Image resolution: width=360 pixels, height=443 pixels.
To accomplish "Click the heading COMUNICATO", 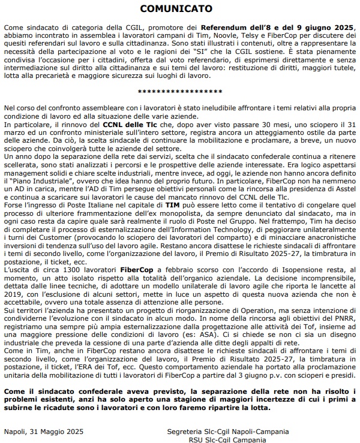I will (180, 9).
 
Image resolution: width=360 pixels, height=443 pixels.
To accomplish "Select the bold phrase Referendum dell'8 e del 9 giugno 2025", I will (276, 28).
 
